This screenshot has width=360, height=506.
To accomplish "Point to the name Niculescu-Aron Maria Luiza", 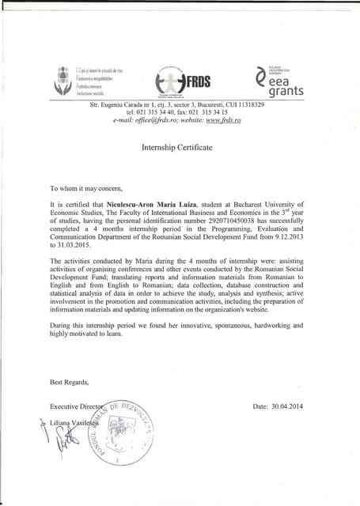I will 146,204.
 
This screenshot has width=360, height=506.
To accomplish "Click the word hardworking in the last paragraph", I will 263,325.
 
